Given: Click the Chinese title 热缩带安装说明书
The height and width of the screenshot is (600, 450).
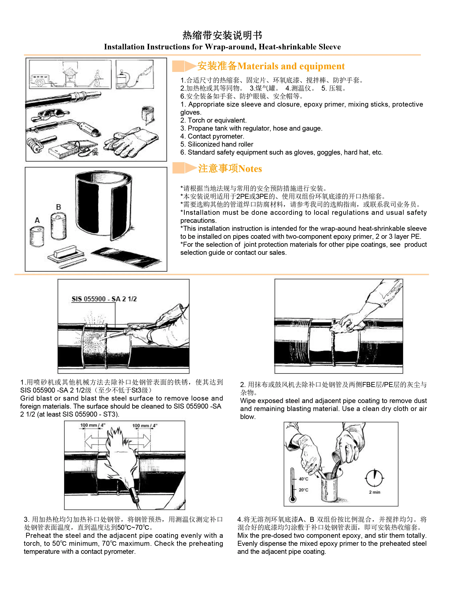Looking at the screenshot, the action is click(x=222, y=35).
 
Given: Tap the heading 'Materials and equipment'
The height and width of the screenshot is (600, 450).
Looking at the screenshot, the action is click(x=291, y=66).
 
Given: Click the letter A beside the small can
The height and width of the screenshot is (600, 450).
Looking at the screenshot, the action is click(x=37, y=220).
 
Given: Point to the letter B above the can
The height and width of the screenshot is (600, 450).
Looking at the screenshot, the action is click(x=58, y=207).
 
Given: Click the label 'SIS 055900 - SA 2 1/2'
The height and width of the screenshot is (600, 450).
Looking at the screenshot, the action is click(x=104, y=299).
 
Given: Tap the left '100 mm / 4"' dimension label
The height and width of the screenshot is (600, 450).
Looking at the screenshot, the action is click(x=92, y=425).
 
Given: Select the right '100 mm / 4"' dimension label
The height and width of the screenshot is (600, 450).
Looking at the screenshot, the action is click(x=145, y=425).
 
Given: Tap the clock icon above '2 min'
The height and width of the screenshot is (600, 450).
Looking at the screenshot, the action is click(x=374, y=478).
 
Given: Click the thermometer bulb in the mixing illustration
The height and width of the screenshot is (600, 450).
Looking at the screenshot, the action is click(x=292, y=499).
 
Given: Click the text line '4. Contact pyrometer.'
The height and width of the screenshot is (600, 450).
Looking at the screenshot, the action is click(x=212, y=136).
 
